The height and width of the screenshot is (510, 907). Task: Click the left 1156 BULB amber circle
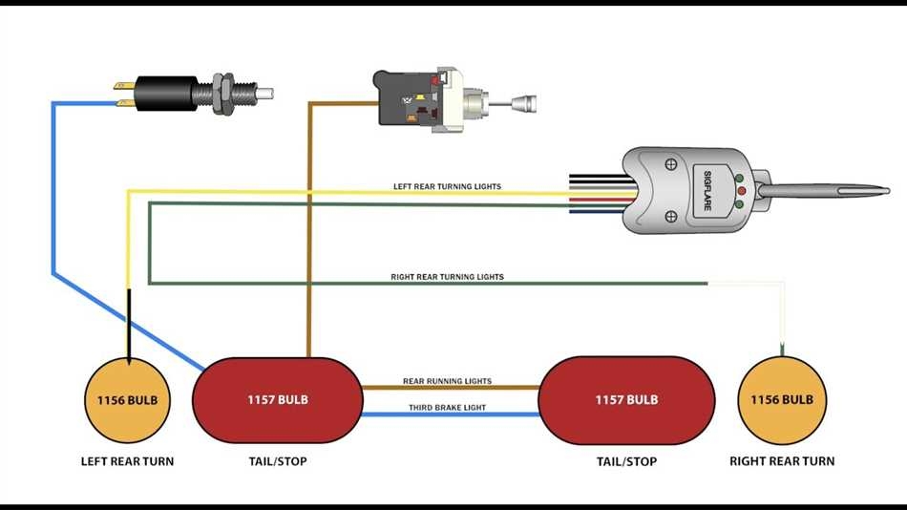(128, 400)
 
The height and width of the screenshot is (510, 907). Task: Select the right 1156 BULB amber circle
(783, 400)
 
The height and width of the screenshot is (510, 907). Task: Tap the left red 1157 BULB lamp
(278, 400)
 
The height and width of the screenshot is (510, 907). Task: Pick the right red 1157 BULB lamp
(626, 400)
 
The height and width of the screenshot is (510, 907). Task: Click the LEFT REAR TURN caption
(128, 461)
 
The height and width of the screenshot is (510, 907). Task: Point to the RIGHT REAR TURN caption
(782, 461)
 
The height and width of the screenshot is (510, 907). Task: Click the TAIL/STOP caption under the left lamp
(277, 461)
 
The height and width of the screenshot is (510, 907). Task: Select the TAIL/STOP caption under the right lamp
(626, 461)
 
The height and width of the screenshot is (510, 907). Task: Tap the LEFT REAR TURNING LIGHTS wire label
(447, 186)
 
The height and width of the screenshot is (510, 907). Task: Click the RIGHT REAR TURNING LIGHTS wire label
(447, 277)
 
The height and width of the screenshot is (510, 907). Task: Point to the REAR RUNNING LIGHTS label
(447, 381)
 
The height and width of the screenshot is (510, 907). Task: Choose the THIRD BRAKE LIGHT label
(447, 408)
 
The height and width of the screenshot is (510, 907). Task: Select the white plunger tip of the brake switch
(264, 93)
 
